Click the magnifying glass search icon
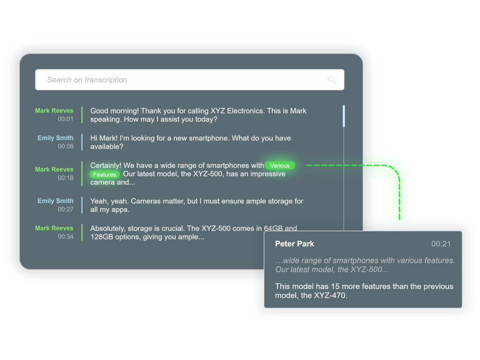tap(332, 80)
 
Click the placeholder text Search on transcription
tap(87, 80)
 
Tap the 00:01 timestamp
tap(66, 119)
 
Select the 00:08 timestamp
tap(66, 146)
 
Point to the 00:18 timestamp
tap(66, 178)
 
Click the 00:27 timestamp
tap(66, 209)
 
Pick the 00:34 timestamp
tap(66, 236)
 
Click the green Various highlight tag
tap(280, 165)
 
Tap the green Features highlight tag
tap(105, 174)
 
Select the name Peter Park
tap(294, 244)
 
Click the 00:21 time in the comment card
tap(441, 244)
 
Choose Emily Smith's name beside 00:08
tap(55, 138)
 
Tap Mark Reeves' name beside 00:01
tap(54, 111)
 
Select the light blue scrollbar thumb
tap(344, 116)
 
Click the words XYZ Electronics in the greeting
tap(237, 111)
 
